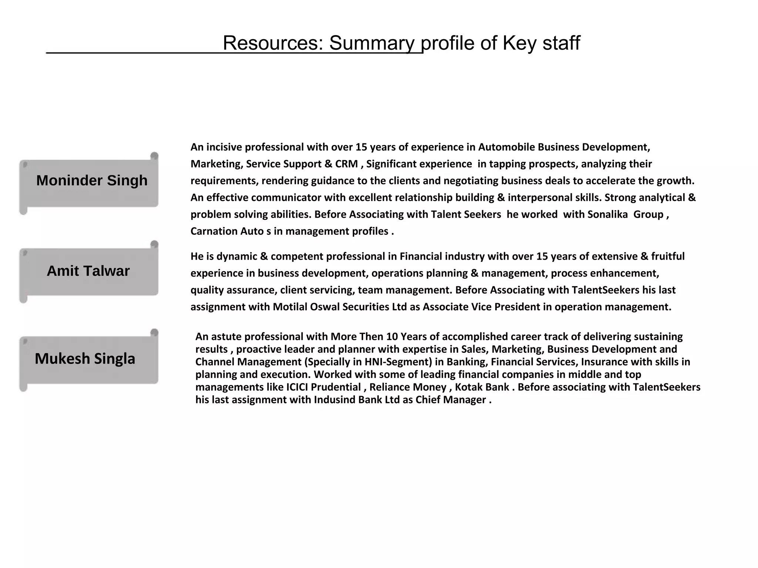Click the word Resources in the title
273,43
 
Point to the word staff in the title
561,43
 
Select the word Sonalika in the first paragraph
607,214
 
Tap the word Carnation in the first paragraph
214,231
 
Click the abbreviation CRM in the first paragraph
346,164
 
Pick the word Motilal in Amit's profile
290,307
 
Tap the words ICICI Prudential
323,387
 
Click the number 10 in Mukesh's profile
392,337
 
